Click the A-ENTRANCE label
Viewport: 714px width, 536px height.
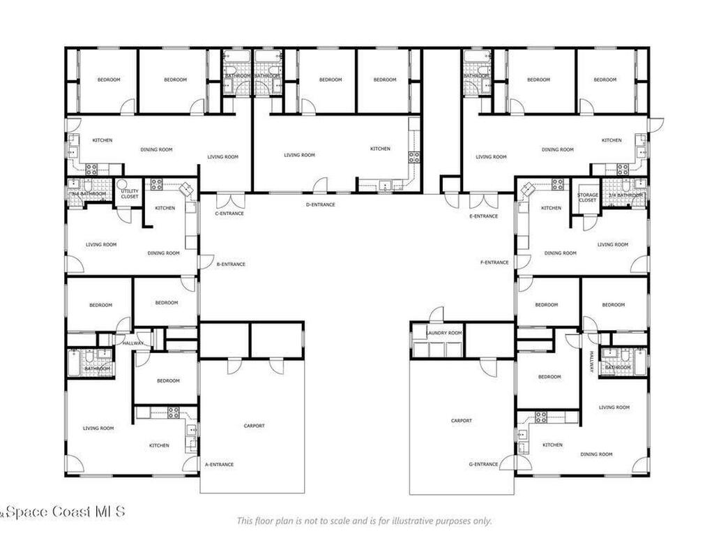click(219, 464)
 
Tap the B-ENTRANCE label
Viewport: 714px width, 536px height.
click(231, 264)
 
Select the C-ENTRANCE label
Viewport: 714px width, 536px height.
click(229, 213)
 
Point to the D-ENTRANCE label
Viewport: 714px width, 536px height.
click(321, 204)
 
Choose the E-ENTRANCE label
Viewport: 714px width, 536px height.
click(484, 216)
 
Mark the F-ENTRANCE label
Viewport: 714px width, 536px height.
click(494, 262)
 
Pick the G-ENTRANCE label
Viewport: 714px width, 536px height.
click(483, 464)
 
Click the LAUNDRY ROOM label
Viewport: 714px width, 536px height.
click(444, 334)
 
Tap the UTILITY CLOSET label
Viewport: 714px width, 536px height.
click(130, 194)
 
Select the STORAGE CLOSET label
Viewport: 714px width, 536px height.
click(587, 198)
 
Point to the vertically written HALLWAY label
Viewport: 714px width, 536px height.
click(591, 362)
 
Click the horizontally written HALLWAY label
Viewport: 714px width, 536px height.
click(132, 343)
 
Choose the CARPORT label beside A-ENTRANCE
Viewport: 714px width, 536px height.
click(254, 426)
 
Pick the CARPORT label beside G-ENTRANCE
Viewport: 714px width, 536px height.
click(462, 421)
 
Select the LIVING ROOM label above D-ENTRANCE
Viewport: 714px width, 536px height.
click(299, 155)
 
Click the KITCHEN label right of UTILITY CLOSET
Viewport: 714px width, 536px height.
click(165, 208)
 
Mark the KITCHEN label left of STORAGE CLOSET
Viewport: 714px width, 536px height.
click(552, 208)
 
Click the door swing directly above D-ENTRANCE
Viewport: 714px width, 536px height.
click(320, 185)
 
